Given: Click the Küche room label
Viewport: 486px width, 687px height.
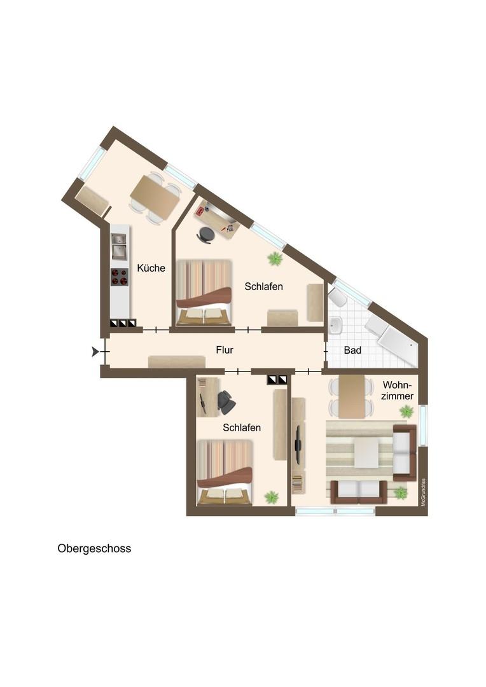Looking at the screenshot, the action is click(x=151, y=268).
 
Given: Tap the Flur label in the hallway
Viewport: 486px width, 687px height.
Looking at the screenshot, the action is click(x=225, y=350).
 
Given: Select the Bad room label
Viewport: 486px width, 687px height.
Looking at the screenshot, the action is click(x=352, y=350).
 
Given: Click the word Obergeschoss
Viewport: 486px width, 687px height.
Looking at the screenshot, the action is click(x=94, y=548).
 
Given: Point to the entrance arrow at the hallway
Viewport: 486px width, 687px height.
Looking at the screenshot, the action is click(x=95, y=351).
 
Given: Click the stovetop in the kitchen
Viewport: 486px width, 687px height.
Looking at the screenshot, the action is click(x=120, y=277).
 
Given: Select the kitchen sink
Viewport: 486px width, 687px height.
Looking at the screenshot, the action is click(x=119, y=246).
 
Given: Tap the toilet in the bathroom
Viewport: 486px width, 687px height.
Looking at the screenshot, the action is click(x=338, y=298).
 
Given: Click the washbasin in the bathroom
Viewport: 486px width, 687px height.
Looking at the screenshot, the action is click(x=336, y=326).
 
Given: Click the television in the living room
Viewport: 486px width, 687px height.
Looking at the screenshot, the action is click(x=298, y=445).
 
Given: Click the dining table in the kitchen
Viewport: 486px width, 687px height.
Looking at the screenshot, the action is click(x=155, y=198).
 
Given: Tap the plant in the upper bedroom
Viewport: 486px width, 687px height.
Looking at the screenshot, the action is click(x=275, y=258).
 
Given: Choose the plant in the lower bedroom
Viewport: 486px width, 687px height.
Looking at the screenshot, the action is click(x=271, y=497).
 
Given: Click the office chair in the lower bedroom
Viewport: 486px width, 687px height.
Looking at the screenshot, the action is click(x=226, y=402).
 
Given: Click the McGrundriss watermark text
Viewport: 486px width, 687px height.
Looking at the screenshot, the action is click(x=423, y=492).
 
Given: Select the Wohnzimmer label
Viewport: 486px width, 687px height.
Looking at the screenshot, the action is click(x=398, y=391).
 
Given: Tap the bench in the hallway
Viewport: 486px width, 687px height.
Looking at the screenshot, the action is click(x=177, y=361).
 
